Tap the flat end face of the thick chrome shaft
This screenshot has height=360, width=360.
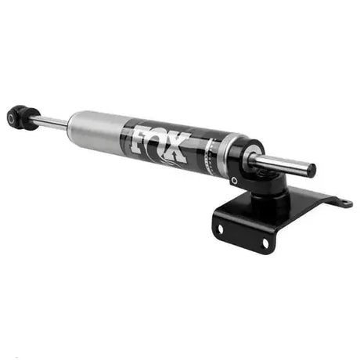311,170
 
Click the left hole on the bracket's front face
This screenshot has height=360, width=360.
221,229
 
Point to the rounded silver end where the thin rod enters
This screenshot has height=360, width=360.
73,124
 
